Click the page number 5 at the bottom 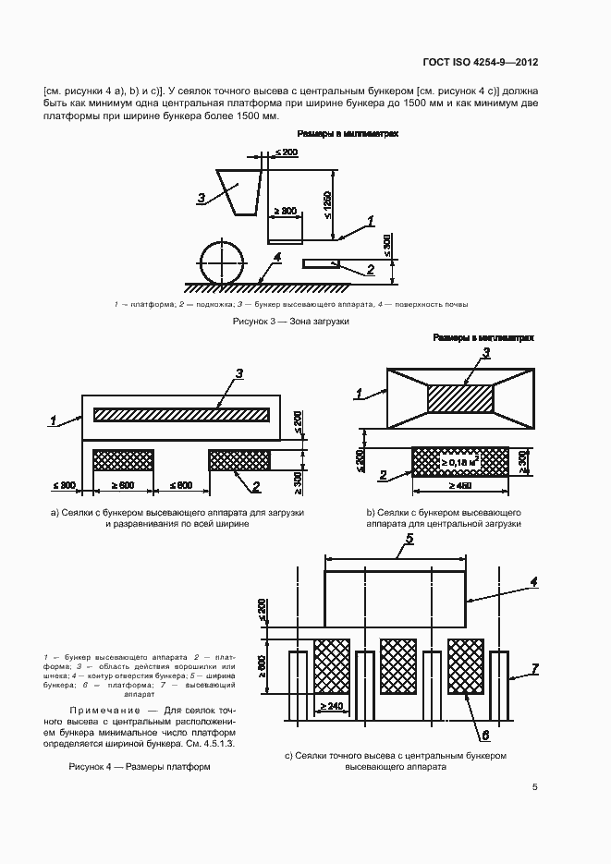click(x=535, y=787)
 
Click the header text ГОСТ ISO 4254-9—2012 click(x=482, y=63)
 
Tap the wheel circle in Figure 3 click(x=222, y=260)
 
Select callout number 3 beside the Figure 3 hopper click(x=201, y=197)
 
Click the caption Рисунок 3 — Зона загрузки click(x=283, y=322)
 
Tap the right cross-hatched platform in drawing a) click(x=239, y=459)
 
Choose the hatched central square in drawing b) click(x=460, y=397)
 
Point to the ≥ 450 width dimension click(x=459, y=485)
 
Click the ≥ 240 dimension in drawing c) click(x=333, y=707)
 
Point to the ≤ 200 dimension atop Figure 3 click(x=286, y=152)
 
